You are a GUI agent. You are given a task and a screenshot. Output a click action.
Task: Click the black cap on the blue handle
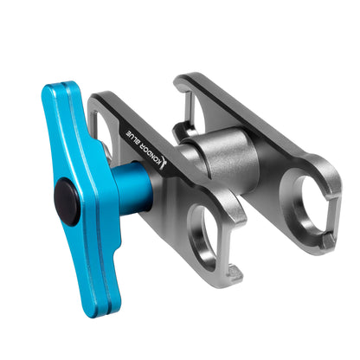[67, 197]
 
